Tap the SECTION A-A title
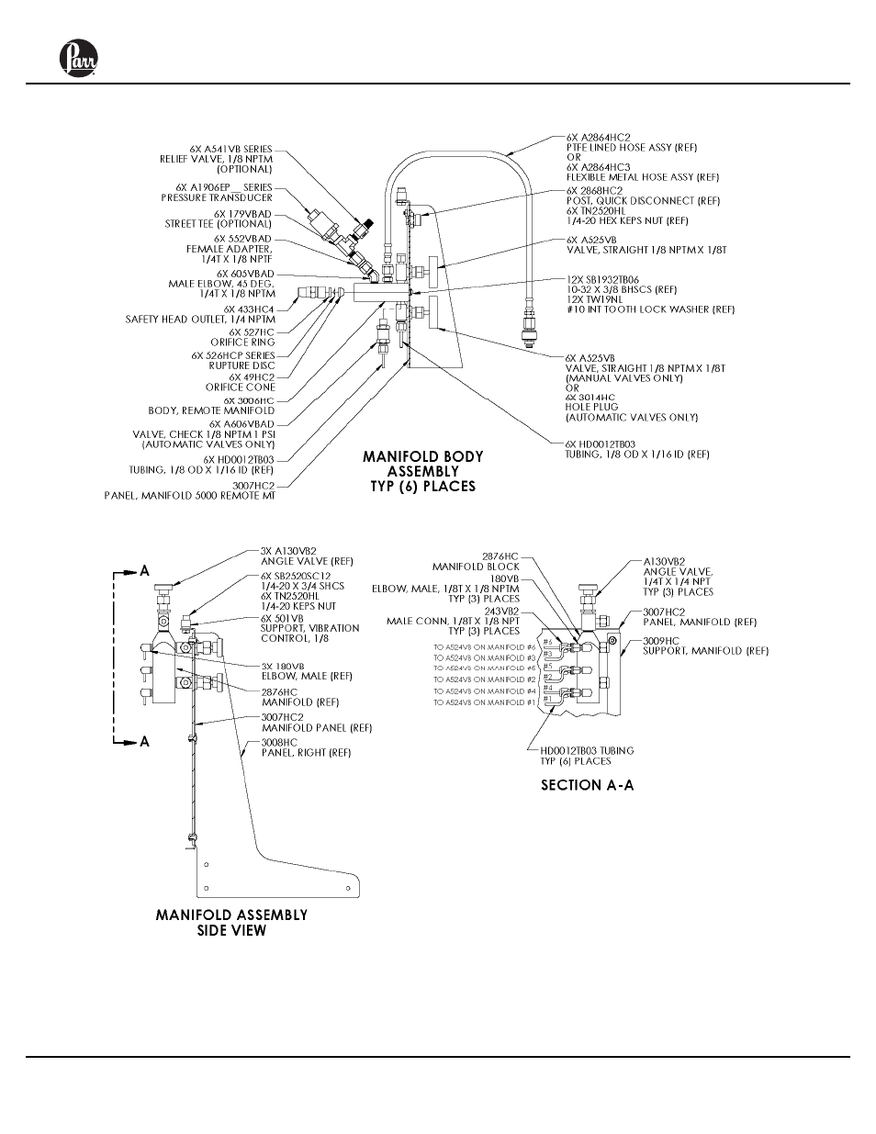587,785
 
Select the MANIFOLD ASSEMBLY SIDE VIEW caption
231,923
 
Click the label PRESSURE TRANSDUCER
217,197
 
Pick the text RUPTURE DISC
242,365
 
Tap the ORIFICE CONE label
240,387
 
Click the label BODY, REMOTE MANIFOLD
211,410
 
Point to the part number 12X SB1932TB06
603,279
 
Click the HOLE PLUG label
592,407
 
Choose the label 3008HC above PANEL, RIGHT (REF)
279,742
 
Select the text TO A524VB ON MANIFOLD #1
485,702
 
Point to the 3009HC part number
660,640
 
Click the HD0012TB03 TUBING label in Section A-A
586,750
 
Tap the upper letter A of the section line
144,570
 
